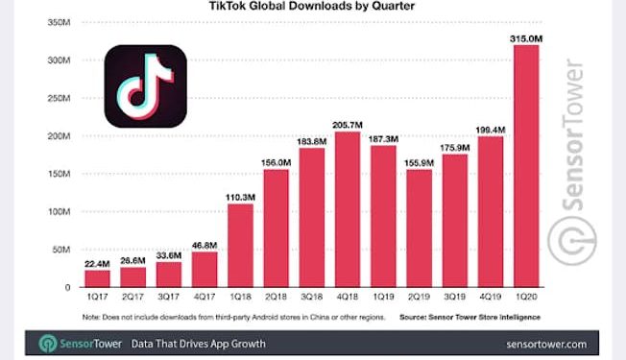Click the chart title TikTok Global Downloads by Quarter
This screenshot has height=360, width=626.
tap(312, 7)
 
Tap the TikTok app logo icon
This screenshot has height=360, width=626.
tap(144, 86)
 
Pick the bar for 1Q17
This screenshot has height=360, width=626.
tap(97, 278)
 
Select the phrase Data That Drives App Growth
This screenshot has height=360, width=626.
tap(199, 344)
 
